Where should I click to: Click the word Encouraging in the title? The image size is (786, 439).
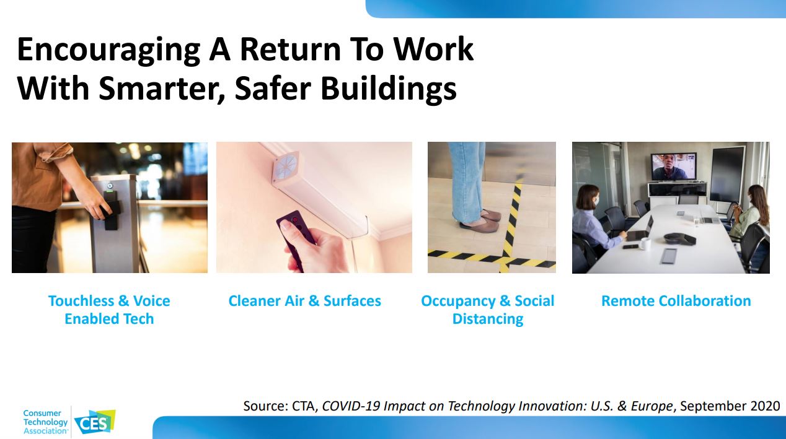(x=108, y=50)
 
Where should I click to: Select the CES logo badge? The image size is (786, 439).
(x=95, y=422)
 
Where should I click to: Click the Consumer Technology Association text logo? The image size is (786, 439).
(x=46, y=422)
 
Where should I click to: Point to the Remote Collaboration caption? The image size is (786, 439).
(x=676, y=301)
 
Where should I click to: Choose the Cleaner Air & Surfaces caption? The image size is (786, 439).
(x=304, y=301)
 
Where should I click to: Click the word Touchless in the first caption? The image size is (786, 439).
(x=81, y=301)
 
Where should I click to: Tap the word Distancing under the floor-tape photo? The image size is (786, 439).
(x=488, y=319)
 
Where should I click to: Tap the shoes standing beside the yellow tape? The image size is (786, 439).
(x=480, y=220)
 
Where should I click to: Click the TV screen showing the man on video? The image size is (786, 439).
(x=674, y=167)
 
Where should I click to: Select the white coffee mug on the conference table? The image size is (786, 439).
(x=645, y=243)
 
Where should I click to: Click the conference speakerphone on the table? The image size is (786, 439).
(x=679, y=239)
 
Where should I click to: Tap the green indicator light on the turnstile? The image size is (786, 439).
(x=110, y=191)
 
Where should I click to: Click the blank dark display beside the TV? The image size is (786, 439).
(x=727, y=174)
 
